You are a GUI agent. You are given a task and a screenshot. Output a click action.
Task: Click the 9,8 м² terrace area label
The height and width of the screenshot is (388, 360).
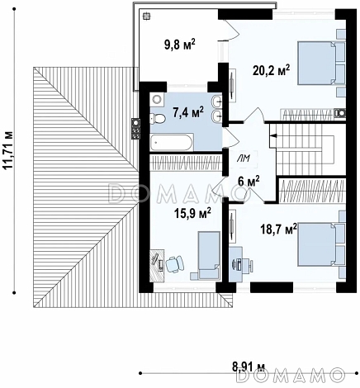point(180,45)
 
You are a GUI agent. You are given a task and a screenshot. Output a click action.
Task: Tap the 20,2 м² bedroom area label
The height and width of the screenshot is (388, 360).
point(272,71)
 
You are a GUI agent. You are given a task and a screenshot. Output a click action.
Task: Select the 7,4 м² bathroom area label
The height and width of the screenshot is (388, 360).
point(188,112)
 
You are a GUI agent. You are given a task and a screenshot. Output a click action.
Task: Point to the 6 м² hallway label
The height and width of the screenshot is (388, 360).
point(249,182)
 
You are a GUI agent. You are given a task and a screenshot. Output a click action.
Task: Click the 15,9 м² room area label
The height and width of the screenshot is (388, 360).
point(192,213)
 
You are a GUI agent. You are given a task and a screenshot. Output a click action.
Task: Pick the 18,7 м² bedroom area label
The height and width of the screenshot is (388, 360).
point(279,229)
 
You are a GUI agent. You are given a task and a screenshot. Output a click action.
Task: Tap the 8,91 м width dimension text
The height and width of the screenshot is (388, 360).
point(249,367)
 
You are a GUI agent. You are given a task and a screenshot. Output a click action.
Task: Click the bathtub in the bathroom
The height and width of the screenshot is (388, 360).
point(172,142)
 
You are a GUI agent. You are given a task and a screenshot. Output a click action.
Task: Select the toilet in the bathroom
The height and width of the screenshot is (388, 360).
point(158,119)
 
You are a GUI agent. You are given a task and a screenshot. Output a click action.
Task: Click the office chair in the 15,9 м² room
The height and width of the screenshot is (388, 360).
point(174,264)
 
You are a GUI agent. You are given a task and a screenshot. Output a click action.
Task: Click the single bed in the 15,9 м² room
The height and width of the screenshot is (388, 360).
point(209,254)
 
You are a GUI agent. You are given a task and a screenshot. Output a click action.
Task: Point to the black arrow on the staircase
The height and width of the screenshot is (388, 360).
point(273,135)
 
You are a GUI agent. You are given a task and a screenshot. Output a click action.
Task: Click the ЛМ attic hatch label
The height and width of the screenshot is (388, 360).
point(244,158)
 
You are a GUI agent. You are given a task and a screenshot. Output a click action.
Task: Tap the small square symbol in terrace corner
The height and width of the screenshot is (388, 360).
point(146,17)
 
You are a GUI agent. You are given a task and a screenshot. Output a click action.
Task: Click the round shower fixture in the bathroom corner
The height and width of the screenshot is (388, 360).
point(157,100)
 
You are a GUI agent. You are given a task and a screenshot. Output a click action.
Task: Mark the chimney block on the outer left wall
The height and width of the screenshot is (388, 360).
point(136,129)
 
